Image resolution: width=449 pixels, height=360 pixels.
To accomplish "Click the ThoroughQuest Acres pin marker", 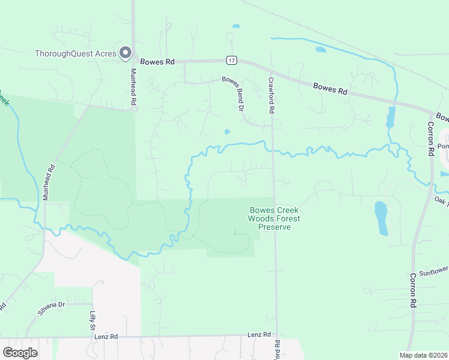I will tap(125, 53).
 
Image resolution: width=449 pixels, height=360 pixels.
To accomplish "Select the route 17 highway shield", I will tap(231, 61).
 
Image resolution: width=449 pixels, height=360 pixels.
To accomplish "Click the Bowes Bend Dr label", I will tap(232, 93).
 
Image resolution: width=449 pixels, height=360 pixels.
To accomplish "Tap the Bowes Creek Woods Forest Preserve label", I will tap(274, 218).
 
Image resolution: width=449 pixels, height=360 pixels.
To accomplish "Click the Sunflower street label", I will tap(433, 271).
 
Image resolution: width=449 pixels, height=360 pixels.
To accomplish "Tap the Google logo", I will tap(20, 353).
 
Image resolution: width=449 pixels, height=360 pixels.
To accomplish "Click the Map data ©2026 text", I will tap(424, 355).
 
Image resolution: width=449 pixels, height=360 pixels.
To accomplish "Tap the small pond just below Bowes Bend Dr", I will tap(226, 132).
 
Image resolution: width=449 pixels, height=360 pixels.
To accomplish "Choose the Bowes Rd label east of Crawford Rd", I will tap(331, 88).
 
